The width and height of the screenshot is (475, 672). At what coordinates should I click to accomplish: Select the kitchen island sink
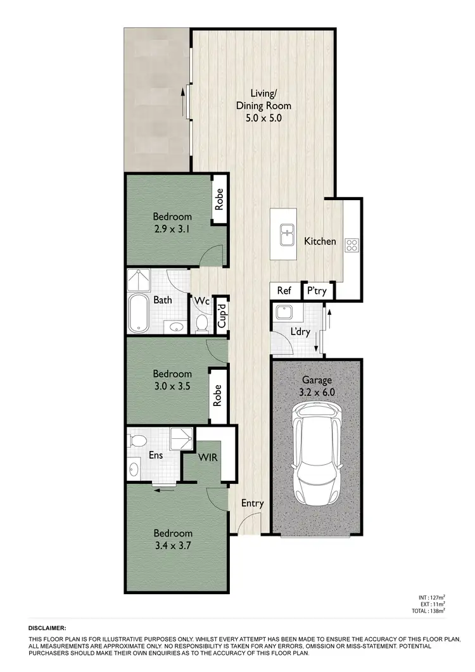click(x=286, y=234)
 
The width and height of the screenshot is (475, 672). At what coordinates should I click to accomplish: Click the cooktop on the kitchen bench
click(x=351, y=245)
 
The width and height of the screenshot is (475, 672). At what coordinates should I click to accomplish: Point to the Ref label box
click(x=284, y=291)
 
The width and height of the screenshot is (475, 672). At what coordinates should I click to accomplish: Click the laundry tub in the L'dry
click(x=282, y=312)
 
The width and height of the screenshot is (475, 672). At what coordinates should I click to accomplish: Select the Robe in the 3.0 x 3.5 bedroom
click(x=218, y=396)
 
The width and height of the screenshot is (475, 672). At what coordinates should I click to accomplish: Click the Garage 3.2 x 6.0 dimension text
click(x=317, y=391)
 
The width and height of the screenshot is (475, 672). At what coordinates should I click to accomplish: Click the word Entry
click(x=252, y=504)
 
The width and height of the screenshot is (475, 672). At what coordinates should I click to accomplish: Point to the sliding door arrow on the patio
click(x=183, y=102)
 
